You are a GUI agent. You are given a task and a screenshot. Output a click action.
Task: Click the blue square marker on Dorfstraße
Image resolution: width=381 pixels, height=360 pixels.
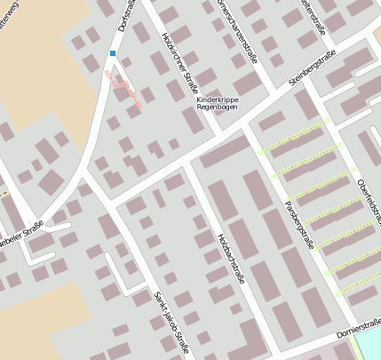(x=113, y=54)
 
